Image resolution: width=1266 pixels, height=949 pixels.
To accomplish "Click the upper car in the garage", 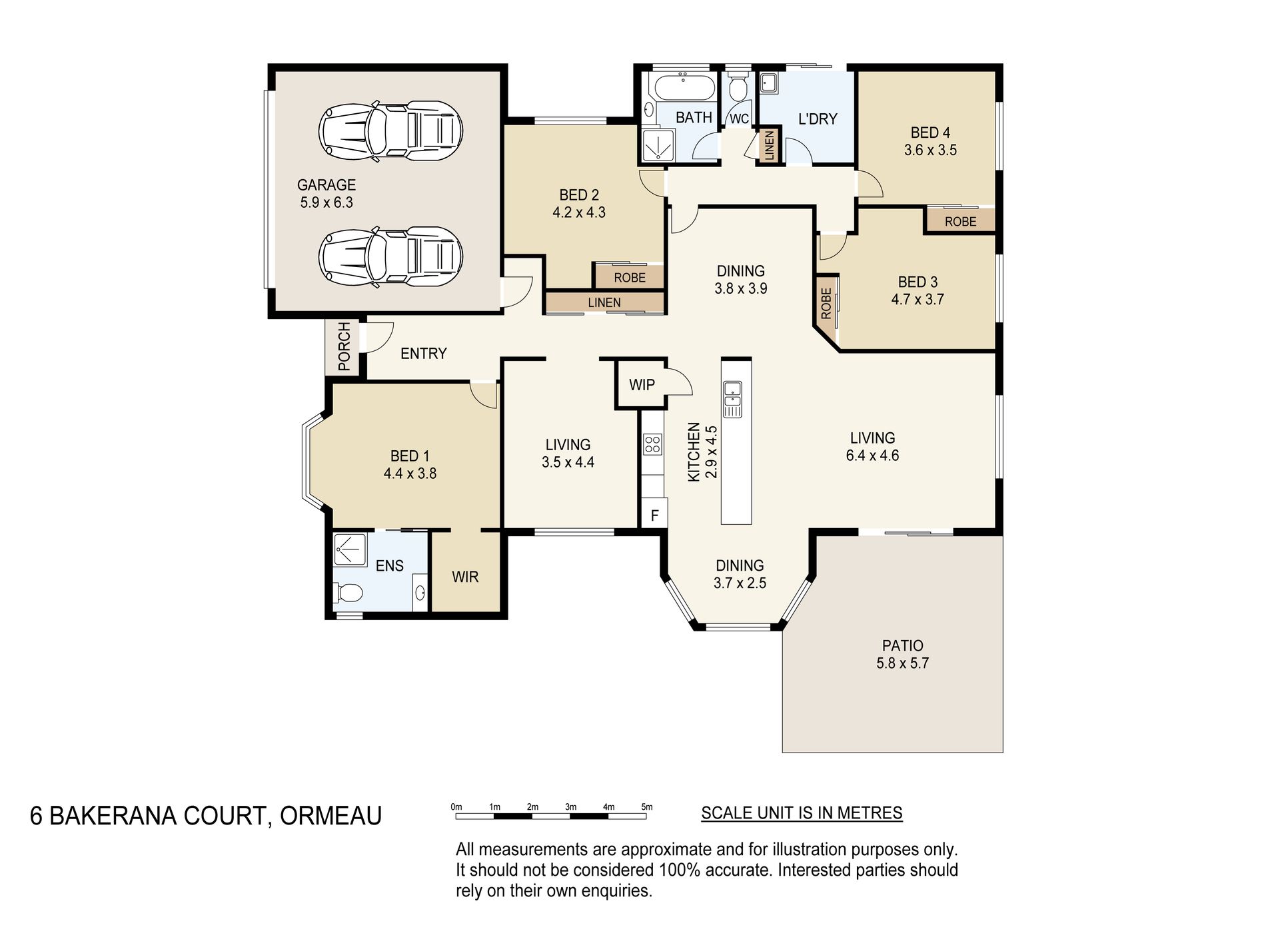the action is pyautogui.click(x=391, y=130).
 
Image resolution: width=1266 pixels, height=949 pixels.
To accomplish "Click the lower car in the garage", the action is pyautogui.click(x=391, y=256).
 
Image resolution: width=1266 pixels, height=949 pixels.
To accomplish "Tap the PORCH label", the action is pyautogui.click(x=344, y=346).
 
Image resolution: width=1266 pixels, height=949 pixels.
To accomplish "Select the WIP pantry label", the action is pyautogui.click(x=642, y=384).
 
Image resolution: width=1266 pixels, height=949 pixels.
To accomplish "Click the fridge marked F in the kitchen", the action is pyautogui.click(x=654, y=515).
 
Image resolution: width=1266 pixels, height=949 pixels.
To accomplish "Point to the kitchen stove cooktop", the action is pyautogui.click(x=652, y=444).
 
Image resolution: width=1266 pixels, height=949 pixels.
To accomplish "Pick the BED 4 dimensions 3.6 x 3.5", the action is pyautogui.click(x=930, y=151).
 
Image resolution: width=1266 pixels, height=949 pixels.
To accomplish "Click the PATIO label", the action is pyautogui.click(x=903, y=645).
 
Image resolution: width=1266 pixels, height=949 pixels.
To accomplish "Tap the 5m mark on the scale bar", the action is pyautogui.click(x=646, y=807).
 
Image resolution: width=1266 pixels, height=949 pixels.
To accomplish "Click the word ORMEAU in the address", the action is pyautogui.click(x=330, y=815).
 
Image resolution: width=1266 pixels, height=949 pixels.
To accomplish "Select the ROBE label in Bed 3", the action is pyautogui.click(x=826, y=303).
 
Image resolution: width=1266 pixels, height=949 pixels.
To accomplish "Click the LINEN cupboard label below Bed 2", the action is pyautogui.click(x=604, y=302).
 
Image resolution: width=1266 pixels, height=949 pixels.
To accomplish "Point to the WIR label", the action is pyautogui.click(x=465, y=577).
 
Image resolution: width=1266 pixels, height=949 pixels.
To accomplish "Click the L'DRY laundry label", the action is pyautogui.click(x=818, y=119).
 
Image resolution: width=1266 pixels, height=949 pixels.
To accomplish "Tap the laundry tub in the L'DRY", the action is pyautogui.click(x=768, y=83).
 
